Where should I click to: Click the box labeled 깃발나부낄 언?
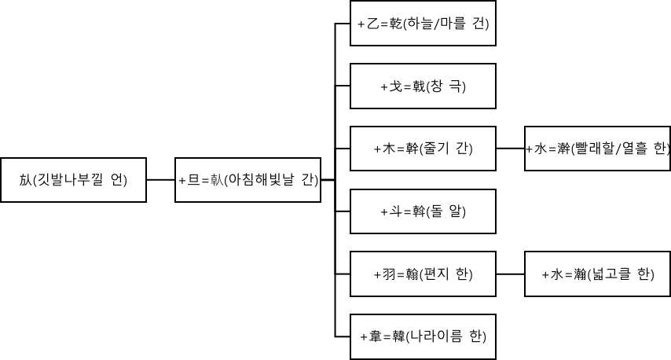point(73,180)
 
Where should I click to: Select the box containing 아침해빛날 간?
point(248,180)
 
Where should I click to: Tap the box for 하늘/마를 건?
point(423,24)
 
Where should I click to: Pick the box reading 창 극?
point(423,86)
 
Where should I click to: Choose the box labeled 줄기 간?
point(423,148)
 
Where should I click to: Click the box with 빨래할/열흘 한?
point(597,148)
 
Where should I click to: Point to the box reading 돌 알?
point(423,211)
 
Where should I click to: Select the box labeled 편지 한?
point(423,274)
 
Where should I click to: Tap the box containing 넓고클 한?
point(597,274)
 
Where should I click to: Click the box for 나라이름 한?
point(423,336)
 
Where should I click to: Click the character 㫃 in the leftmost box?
point(25,180)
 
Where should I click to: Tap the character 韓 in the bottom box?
point(398,336)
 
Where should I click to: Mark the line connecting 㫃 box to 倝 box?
point(160,180)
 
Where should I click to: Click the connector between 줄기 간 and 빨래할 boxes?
point(510,148)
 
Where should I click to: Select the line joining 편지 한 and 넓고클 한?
point(510,274)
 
